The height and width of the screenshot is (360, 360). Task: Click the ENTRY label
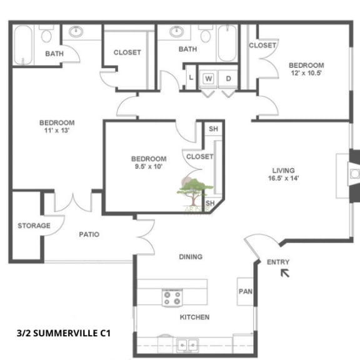tap(278, 262)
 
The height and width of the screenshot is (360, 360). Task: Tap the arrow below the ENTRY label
tap(285, 272)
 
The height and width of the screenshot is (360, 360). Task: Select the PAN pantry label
tap(244, 291)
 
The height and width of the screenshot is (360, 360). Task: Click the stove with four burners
tap(172, 298)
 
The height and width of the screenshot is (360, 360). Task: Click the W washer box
tap(209, 78)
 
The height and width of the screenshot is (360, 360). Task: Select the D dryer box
tap(229, 78)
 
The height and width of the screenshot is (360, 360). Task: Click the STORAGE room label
tap(34, 226)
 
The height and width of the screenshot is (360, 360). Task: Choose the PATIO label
tap(89, 234)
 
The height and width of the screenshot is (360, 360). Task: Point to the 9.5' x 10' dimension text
tap(149, 167)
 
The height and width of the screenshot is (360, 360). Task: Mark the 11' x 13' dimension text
tap(57, 131)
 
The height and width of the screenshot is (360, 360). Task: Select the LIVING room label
tap(283, 170)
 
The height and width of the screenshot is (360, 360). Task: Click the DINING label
tap(191, 256)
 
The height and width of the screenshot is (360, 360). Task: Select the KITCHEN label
tap(194, 317)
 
